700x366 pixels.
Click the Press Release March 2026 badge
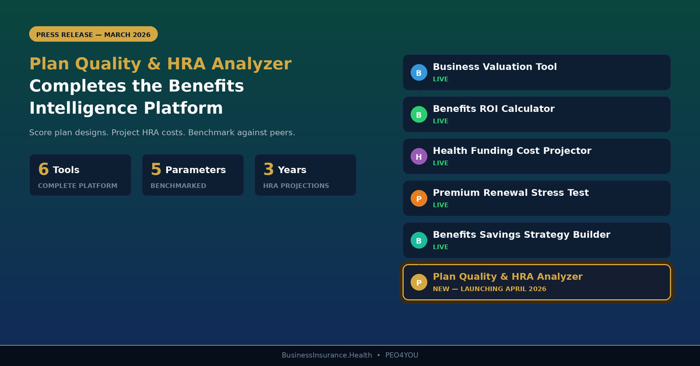coord(93,34)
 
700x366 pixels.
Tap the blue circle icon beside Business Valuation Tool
coord(418,73)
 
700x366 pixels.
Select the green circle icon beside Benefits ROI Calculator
coord(418,115)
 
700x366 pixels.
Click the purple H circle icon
coord(418,157)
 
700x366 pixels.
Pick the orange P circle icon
coord(418,199)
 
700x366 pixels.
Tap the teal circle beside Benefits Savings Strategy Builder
coord(418,241)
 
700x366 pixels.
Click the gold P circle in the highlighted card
coord(418,283)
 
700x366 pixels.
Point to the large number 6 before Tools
coord(43,170)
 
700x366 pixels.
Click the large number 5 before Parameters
coord(156,170)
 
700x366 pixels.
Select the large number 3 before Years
coord(268,170)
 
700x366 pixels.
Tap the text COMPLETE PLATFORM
coord(78,186)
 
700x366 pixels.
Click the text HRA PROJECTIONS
coord(296,186)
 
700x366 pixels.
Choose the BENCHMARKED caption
coord(178,186)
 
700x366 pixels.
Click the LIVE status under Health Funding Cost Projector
coord(440,163)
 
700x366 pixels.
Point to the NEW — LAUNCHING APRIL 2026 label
coord(489,289)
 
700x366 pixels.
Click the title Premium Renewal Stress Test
coord(510,193)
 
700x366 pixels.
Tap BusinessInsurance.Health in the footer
coord(327,356)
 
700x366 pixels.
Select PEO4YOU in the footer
coord(401,356)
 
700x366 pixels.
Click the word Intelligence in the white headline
coord(78,108)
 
